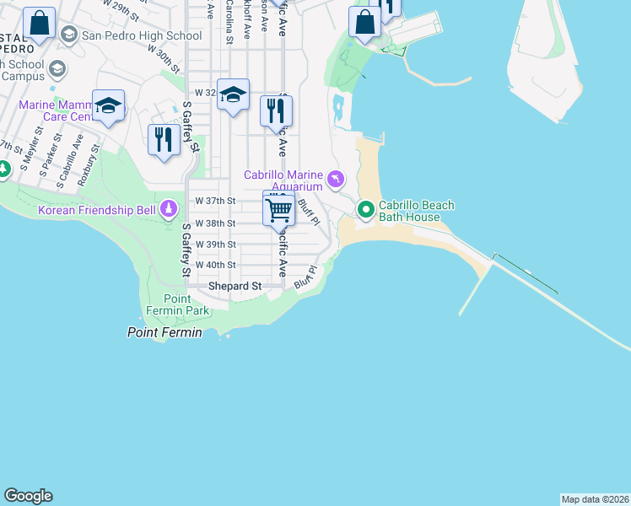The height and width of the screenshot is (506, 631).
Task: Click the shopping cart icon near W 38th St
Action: [x=278, y=207]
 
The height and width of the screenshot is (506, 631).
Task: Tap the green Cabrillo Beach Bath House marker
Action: [x=365, y=208]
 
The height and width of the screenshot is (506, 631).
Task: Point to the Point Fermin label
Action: [x=164, y=333]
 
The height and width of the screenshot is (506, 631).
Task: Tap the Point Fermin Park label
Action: [x=186, y=305]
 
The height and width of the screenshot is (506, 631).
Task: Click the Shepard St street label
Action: [x=235, y=287]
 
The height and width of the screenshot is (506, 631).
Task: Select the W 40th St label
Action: [x=215, y=265]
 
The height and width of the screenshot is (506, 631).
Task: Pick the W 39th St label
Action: [x=215, y=245]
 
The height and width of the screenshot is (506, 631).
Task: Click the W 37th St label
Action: [x=215, y=202]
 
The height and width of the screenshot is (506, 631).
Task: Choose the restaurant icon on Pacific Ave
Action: [x=276, y=110]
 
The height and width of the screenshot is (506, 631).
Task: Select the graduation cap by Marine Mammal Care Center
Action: [x=108, y=105]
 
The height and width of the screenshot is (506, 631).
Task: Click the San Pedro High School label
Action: [x=141, y=35]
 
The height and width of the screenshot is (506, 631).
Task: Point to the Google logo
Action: [x=28, y=496]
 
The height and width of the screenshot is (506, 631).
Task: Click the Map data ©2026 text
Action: [x=595, y=499]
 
